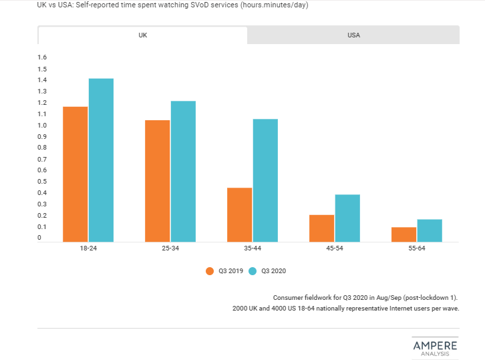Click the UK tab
click(142, 35)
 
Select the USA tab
click(353, 35)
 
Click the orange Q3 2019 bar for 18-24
click(75, 174)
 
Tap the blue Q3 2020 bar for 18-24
click(101, 160)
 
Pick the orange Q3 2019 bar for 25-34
click(157, 181)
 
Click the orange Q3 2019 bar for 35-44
click(239, 214)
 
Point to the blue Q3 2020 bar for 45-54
click(347, 218)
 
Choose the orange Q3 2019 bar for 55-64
click(403, 234)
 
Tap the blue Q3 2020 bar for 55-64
click(430, 230)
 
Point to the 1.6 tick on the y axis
click(42, 57)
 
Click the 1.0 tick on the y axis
click(42, 126)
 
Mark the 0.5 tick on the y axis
click(42, 182)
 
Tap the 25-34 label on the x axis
click(170, 248)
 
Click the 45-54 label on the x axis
click(334, 248)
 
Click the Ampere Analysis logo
click(435, 346)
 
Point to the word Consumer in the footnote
click(289, 297)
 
